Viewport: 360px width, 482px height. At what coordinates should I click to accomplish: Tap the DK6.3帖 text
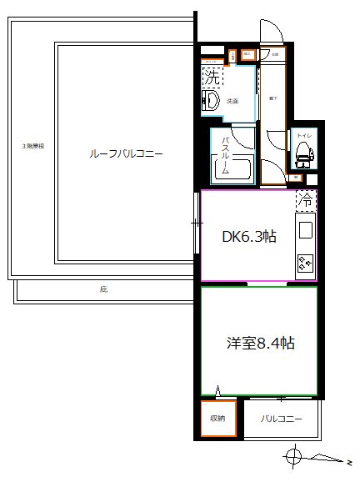tap(248, 236)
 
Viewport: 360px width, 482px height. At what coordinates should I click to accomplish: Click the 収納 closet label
tap(217, 419)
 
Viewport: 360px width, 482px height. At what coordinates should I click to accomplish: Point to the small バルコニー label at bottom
tap(280, 419)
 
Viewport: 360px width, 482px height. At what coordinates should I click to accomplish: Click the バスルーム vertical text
tap(224, 151)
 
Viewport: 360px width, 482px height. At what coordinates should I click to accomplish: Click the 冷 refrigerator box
tap(306, 200)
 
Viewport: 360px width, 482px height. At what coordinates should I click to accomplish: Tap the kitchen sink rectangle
tap(306, 230)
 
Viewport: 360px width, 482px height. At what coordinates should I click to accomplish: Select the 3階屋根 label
tap(32, 147)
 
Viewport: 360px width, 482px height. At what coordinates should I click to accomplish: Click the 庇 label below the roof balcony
tap(103, 290)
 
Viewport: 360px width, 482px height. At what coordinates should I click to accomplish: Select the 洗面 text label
tap(233, 102)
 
